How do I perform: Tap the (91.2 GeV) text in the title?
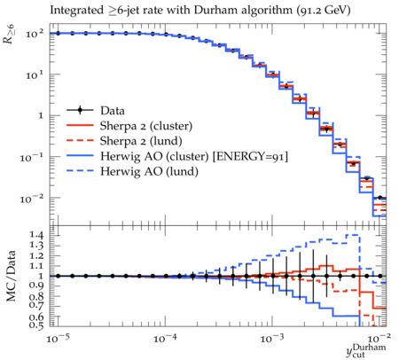point(324,11)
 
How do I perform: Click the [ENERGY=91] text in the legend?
point(250,156)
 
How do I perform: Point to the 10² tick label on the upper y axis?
point(35,34)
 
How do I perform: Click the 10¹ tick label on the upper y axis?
point(35,74)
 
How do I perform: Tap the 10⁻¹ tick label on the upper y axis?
point(32,158)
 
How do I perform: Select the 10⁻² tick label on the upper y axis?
point(32,199)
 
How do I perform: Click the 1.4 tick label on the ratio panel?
point(36,235)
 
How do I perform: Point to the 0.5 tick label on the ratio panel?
point(36,325)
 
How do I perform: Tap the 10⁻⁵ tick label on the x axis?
point(59,339)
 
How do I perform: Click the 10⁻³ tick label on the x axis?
point(272,339)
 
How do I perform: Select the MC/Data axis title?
point(12,276)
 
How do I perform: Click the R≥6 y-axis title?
point(9,35)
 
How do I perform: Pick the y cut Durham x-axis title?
point(366,350)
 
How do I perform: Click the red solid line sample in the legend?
point(80,126)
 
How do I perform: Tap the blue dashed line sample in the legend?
point(80,171)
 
